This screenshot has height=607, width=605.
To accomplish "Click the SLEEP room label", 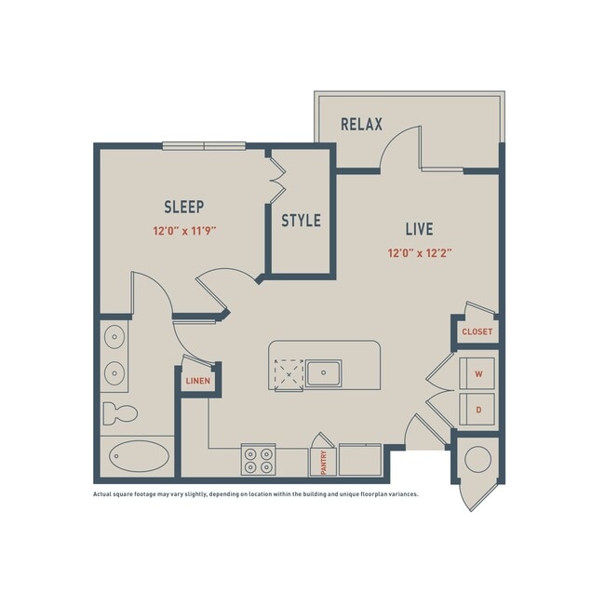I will click(183, 207).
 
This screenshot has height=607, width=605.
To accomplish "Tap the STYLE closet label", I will click(301, 221).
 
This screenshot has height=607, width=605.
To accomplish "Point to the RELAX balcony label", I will click(361, 124).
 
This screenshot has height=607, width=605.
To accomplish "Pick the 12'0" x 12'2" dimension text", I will click(421, 252).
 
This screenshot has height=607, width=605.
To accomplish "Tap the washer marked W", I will click(478, 374).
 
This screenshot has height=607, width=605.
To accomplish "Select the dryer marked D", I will click(478, 408).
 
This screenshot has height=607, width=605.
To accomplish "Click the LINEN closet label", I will click(196, 381).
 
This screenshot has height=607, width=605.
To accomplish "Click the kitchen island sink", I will click(325, 373).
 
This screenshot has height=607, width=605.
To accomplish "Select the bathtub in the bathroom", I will click(140, 457).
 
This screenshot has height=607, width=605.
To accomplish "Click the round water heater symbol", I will click(477, 459).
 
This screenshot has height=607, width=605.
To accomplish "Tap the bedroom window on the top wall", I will click(204, 145).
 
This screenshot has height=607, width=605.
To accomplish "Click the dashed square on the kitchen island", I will click(288, 373).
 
